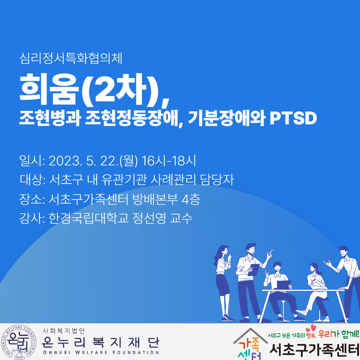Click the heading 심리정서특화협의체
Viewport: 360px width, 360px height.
point(71,59)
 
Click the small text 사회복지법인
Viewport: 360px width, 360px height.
point(64,331)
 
